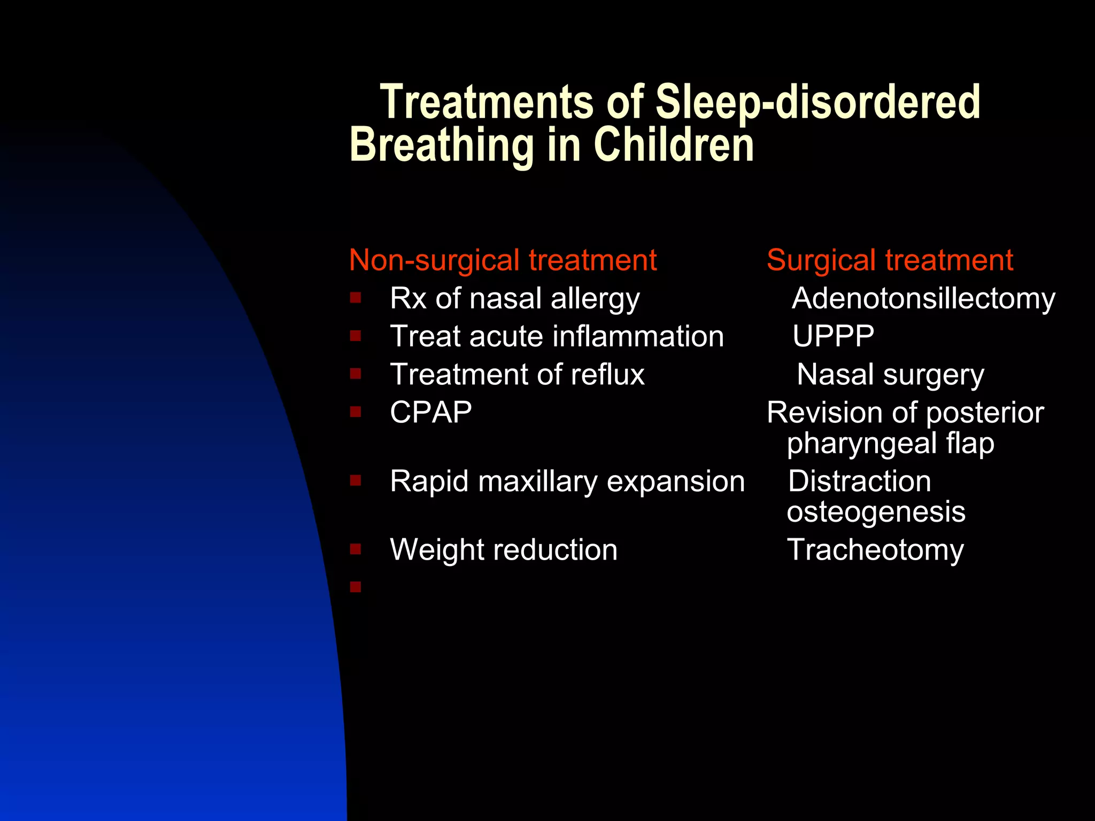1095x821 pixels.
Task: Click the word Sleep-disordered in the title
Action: [x=818, y=103]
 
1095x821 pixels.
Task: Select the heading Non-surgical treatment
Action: [x=503, y=260]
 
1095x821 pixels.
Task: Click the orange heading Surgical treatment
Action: [x=890, y=260]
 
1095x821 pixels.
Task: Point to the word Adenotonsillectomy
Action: [x=923, y=298]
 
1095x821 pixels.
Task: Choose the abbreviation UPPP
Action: [x=833, y=336]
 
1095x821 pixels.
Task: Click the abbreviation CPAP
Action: [x=431, y=412]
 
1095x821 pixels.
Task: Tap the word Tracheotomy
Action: [x=875, y=549]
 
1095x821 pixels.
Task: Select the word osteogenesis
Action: [x=876, y=512]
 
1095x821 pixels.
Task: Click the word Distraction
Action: [x=859, y=481]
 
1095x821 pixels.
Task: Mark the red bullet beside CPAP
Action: [x=356, y=412]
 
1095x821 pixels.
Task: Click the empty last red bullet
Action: [x=356, y=587]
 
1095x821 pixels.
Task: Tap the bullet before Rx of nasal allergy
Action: [x=356, y=297]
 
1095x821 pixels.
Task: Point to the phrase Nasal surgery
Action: [x=890, y=374]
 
